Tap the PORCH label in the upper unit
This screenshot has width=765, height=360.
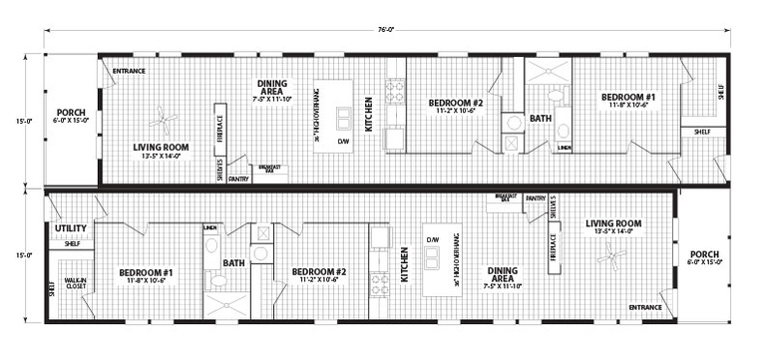(x=71, y=112)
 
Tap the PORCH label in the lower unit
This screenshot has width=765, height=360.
(x=703, y=254)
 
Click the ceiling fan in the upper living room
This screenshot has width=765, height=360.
(x=164, y=124)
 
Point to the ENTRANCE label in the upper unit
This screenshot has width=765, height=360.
(x=129, y=72)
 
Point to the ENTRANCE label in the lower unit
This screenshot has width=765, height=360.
(x=645, y=307)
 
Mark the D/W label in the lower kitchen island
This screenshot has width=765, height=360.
(x=433, y=240)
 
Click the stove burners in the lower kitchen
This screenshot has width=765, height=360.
(x=380, y=282)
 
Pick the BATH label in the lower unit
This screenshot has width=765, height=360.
(x=233, y=263)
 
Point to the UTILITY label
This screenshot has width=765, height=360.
(x=72, y=229)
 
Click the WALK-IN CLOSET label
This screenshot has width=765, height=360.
(x=75, y=282)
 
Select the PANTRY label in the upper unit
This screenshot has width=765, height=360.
(x=238, y=179)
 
